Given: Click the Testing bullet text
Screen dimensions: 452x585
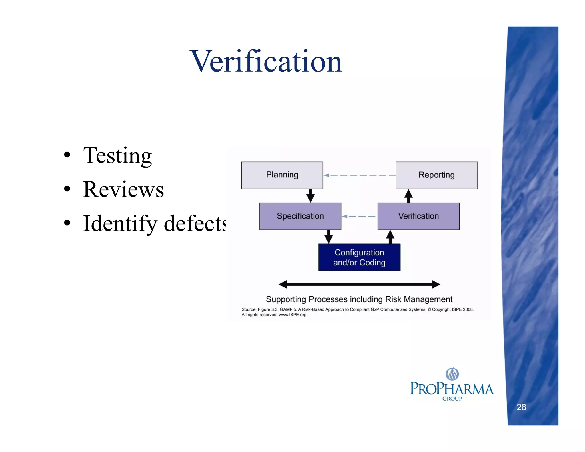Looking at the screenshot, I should click(117, 156).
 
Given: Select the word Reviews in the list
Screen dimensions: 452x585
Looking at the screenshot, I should click(123, 189).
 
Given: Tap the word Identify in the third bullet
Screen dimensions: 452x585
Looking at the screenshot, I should click(120, 223).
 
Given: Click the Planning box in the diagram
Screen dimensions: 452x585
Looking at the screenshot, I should click(282, 175).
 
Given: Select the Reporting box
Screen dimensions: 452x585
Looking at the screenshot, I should click(436, 175).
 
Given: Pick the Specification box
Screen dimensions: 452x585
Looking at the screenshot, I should click(300, 216).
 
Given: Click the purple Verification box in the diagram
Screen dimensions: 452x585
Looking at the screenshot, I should click(418, 216).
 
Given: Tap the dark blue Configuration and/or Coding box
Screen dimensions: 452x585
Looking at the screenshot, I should click(359, 257).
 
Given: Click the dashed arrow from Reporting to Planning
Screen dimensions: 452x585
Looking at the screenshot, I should click(359, 175).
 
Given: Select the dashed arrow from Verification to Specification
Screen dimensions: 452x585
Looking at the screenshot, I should click(359, 216).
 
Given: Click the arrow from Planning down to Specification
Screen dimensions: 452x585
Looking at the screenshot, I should click(310, 196).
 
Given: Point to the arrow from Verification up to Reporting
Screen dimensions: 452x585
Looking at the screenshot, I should click(408, 196).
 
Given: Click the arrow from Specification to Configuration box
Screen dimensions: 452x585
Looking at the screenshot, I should click(328, 237).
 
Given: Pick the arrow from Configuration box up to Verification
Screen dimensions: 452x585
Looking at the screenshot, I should click(390, 237).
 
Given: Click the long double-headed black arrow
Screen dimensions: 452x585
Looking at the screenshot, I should click(359, 284).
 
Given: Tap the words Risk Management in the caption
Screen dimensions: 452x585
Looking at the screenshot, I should click(419, 299).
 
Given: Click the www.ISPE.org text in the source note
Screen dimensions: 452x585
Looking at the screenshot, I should click(293, 315).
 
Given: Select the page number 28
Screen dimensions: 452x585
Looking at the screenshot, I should click(521, 407).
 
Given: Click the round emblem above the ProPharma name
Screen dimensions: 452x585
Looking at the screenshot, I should click(452, 374).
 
